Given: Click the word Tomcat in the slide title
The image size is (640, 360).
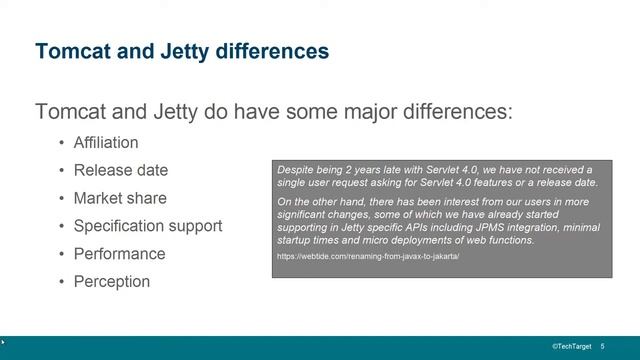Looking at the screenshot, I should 67,50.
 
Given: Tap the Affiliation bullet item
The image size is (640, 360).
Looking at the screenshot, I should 106,142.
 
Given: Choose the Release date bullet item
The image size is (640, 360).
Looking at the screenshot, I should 120,170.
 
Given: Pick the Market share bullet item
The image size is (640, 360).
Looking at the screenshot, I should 120,198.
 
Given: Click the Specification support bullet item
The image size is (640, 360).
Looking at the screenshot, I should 148,226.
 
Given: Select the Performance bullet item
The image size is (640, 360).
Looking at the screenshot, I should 119,254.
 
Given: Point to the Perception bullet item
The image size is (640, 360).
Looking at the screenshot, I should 112,282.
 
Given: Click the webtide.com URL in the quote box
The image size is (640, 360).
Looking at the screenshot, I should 368,257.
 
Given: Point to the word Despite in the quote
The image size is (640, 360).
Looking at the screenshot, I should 295,170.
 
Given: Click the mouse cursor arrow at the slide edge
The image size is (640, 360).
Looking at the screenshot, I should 3,342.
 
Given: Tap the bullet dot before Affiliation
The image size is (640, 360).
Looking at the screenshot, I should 61,143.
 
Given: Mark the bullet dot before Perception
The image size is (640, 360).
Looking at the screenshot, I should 61,282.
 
